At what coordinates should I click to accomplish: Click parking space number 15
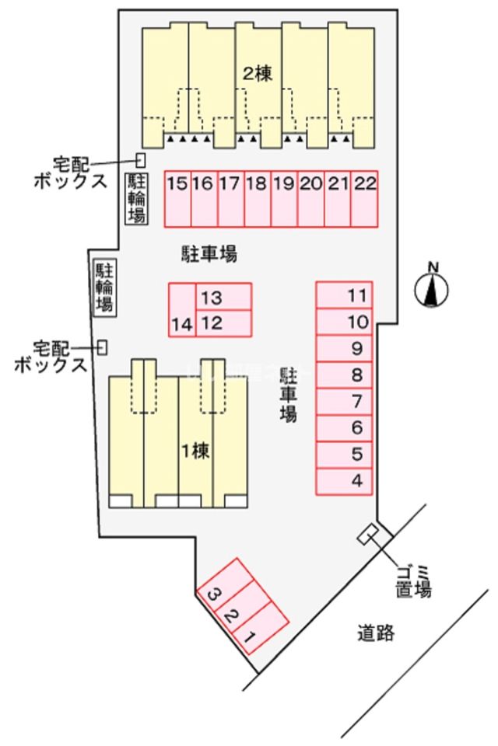pos(177,198)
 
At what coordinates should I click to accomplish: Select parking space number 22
pos(364,198)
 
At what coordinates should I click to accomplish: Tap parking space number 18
pos(257,198)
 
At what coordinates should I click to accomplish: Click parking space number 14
pos(182,310)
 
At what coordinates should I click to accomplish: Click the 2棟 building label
pos(256,75)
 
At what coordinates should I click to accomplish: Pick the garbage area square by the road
pos(368,535)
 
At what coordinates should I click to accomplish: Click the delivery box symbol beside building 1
pos(102,347)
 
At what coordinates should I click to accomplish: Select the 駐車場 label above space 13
pos(209,254)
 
